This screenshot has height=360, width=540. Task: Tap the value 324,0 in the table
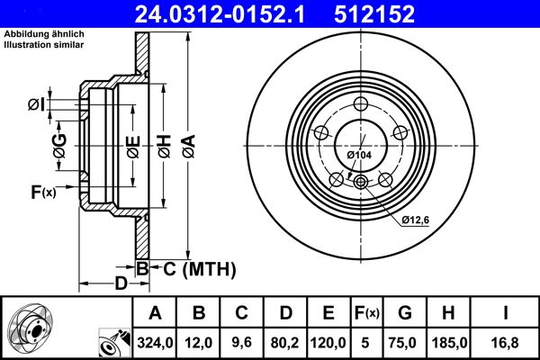(x=155, y=342)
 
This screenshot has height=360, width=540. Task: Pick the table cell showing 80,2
(x=285, y=342)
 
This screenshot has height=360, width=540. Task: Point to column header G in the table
(x=405, y=313)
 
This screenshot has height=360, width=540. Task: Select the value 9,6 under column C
(x=242, y=342)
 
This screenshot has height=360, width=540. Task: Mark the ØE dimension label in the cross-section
(x=131, y=145)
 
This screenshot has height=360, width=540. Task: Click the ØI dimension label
(x=36, y=105)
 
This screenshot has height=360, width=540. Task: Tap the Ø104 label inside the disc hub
(x=360, y=156)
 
